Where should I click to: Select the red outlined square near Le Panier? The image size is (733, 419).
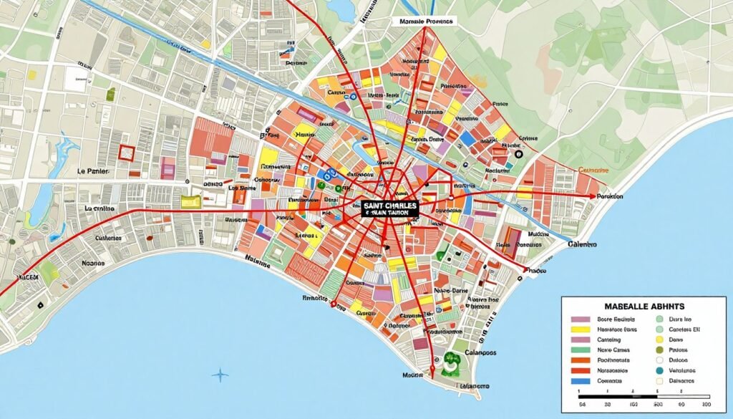click(x=127, y=152)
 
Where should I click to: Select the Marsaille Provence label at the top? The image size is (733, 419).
click(x=424, y=21)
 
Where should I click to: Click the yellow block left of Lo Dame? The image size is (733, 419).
click(x=191, y=202)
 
